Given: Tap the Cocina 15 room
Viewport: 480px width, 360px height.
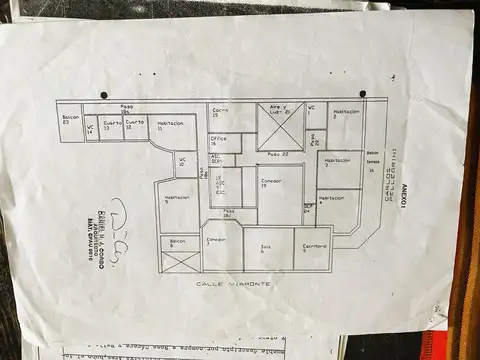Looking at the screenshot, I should click(222, 116).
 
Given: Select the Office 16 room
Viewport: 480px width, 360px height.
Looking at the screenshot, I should click(219, 142).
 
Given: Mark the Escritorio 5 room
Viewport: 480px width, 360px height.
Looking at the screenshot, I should click(314, 248).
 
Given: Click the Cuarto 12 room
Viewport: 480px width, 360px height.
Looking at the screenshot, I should click(135, 127).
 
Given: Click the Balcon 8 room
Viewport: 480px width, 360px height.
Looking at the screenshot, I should click(178, 243).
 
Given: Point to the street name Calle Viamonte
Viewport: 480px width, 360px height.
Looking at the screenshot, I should click(225, 285).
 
